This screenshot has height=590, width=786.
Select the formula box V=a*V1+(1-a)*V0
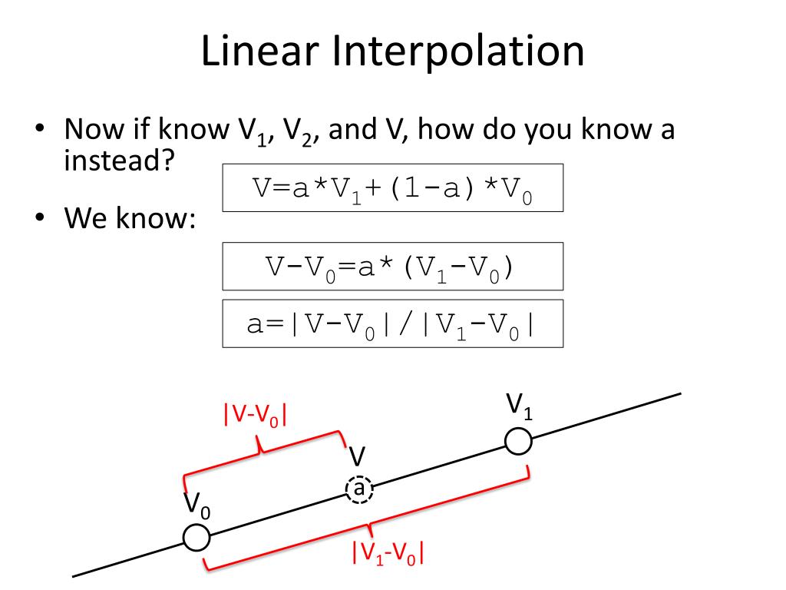tap(392, 187)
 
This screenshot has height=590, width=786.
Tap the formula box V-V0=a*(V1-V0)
tap(392, 266)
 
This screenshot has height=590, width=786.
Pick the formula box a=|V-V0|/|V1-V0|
tap(392, 323)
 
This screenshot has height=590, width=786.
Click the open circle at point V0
tap(197, 537)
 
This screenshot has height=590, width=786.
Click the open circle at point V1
tap(519, 441)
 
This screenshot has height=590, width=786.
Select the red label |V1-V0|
tap(388, 553)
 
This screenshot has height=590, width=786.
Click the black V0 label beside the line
tap(196, 505)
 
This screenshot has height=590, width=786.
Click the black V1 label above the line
tap(519, 404)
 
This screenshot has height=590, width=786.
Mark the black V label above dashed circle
tap(357, 456)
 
